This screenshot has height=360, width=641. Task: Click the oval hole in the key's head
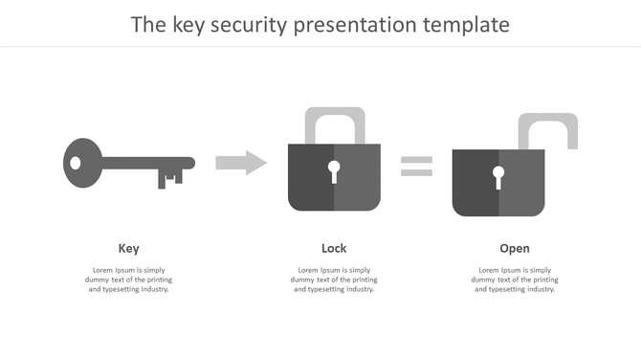coord(77,163)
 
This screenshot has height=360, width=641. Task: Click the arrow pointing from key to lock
coord(241,163)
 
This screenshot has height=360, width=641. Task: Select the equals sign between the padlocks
coord(416,166)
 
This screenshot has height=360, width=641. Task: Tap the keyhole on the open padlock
coord(498,177)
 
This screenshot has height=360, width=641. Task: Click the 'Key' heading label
coord(128,249)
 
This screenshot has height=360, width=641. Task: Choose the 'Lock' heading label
coord(334,249)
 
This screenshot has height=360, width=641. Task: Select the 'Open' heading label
coord(514,249)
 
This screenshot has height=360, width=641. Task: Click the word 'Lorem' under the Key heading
coord(103,270)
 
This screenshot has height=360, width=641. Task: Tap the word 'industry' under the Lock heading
coord(354,289)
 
